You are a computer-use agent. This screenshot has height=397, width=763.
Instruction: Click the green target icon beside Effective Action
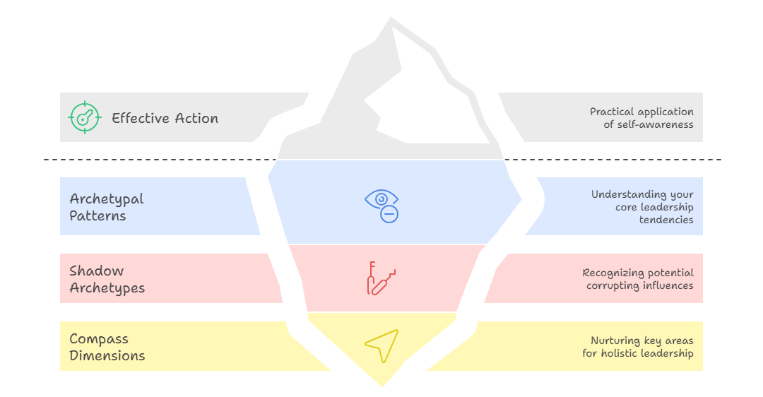(x=85, y=117)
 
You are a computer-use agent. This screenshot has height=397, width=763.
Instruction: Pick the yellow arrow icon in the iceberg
(x=381, y=345)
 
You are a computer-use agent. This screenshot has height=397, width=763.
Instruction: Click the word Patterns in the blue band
(x=97, y=216)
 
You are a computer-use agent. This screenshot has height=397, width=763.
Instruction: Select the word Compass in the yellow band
(x=99, y=339)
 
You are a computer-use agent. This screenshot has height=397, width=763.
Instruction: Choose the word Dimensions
(x=107, y=355)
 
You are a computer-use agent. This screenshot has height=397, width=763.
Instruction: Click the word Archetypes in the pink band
(x=107, y=288)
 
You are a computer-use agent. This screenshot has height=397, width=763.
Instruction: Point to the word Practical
(x=613, y=112)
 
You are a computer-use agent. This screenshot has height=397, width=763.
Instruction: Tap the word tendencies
(x=666, y=220)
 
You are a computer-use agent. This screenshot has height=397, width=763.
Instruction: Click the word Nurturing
(x=614, y=340)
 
